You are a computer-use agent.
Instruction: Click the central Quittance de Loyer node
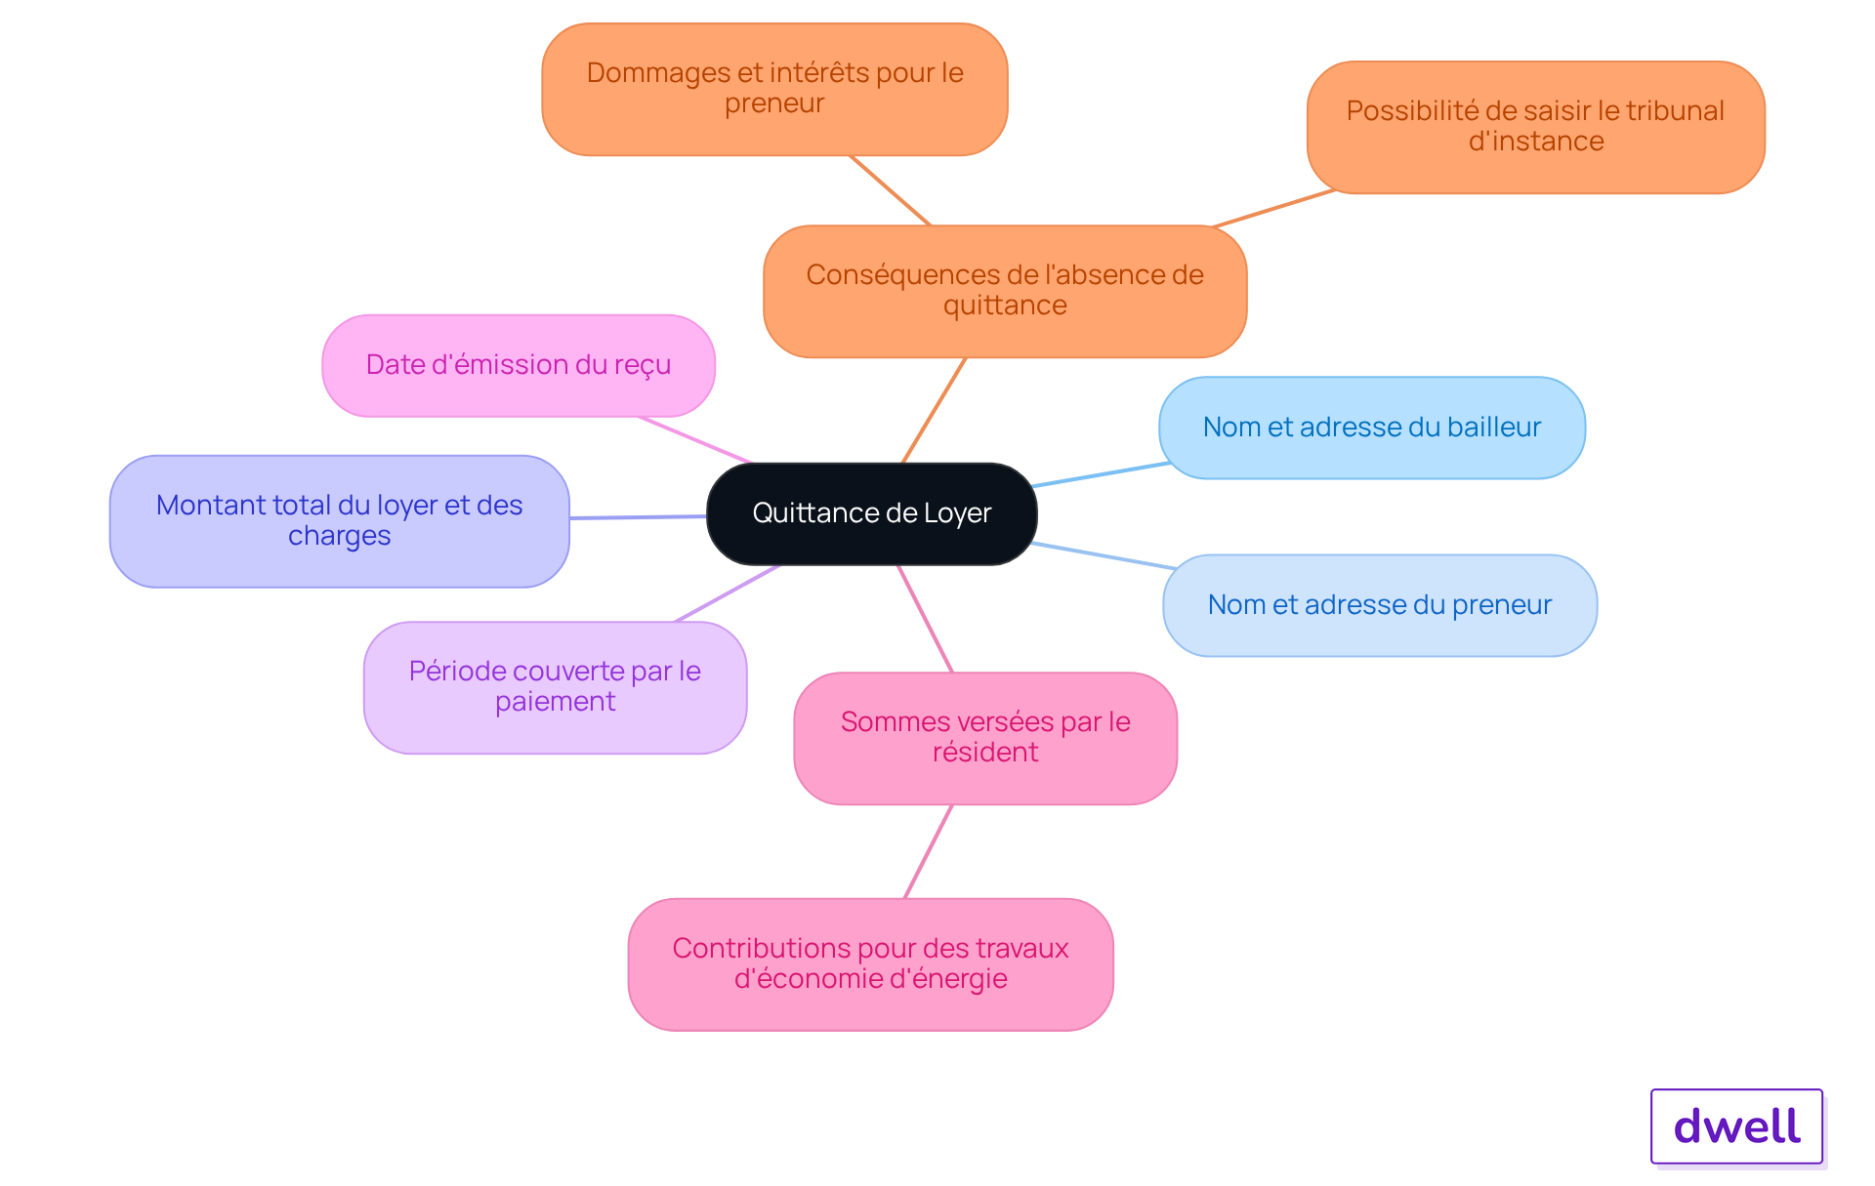(871, 513)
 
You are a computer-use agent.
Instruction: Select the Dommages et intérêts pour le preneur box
(774, 89)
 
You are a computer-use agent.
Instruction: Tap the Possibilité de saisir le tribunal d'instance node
(1535, 127)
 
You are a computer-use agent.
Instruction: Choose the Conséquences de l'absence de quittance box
(1004, 291)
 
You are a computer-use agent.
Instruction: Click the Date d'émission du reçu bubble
(518, 365)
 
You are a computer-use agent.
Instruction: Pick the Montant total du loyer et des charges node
(339, 520)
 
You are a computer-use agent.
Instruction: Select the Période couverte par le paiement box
(555, 686)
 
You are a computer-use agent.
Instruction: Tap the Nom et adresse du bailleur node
(1371, 428)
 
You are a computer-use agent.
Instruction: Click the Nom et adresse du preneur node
(1379, 605)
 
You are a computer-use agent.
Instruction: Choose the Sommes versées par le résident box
(984, 737)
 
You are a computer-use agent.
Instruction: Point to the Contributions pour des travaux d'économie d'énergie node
(870, 963)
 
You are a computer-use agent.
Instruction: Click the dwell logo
(1736, 1126)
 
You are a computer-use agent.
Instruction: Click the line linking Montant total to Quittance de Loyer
(638, 517)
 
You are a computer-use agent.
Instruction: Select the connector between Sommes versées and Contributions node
(928, 851)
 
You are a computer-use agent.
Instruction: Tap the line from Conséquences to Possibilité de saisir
(1272, 209)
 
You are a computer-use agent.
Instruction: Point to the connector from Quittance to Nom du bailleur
(1101, 474)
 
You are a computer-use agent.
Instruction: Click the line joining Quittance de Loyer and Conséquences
(934, 410)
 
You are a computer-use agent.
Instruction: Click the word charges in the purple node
(339, 536)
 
